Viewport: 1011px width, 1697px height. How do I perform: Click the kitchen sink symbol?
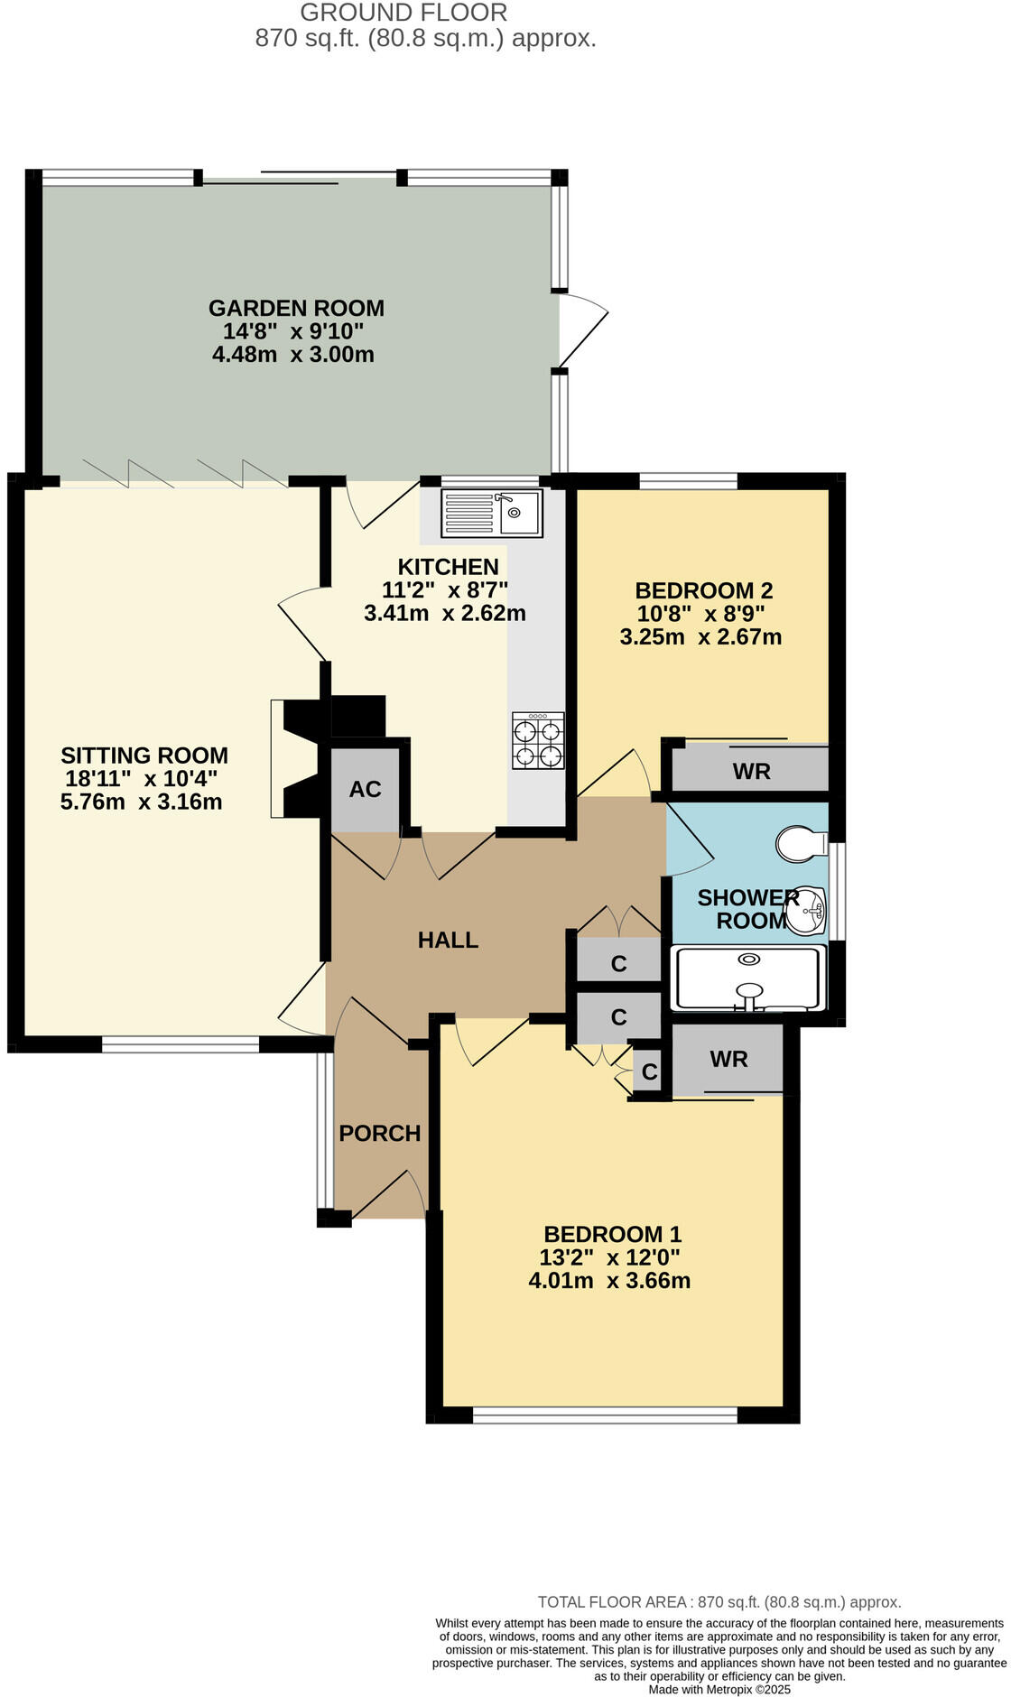click(x=492, y=513)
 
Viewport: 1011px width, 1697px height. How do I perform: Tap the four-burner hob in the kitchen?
click(x=538, y=741)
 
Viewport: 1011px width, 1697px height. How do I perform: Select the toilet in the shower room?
click(x=801, y=844)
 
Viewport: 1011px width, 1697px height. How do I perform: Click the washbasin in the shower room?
click(x=806, y=910)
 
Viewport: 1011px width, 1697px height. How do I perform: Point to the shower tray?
click(x=747, y=978)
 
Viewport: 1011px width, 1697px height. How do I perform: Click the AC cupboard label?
click(x=366, y=790)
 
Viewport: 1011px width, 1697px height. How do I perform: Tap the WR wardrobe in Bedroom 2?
click(x=751, y=772)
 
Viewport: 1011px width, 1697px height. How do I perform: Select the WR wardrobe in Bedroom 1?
click(x=728, y=1060)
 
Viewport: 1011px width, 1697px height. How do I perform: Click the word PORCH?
click(x=380, y=1134)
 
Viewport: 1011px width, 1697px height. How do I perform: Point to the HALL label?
click(x=448, y=941)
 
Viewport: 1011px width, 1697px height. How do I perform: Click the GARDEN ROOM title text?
click(x=296, y=309)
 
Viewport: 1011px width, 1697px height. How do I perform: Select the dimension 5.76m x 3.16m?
click(x=141, y=802)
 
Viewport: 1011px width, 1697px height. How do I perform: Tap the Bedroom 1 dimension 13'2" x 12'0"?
click(x=610, y=1257)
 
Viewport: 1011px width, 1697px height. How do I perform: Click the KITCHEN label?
click(x=448, y=567)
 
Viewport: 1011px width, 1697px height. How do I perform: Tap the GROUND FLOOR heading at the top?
click(x=403, y=13)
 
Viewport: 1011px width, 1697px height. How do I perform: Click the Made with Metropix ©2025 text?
click(x=719, y=1689)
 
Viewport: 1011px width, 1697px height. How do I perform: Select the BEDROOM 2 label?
click(x=704, y=591)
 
